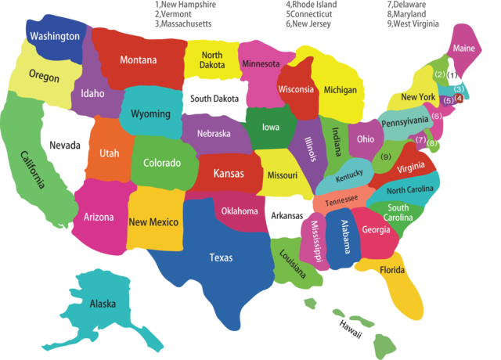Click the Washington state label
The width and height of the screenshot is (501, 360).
coord(55,36)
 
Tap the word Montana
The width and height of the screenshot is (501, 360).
coord(138,59)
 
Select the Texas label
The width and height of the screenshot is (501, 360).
coord(220,257)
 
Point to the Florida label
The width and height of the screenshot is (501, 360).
coord(392,270)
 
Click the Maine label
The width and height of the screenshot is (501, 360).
coord(463,49)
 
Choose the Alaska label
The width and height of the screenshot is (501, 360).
coord(103,304)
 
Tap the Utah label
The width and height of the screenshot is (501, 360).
coord(109,153)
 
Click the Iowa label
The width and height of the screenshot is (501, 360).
coord(270,127)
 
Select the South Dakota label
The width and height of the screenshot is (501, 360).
coord(214,99)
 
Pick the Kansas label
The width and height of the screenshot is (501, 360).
coord(228,173)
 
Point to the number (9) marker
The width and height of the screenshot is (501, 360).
coord(385,157)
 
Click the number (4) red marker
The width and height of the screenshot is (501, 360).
coord(460,99)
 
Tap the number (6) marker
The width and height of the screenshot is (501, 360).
coord(437,116)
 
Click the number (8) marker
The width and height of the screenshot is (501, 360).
coord(432,144)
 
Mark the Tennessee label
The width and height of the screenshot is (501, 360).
coord(341,200)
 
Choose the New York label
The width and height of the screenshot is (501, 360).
coord(417,97)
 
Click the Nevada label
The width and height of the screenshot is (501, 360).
coord(64,146)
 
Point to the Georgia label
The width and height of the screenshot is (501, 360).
coord(376,229)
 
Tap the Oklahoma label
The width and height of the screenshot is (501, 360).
coord(239,211)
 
